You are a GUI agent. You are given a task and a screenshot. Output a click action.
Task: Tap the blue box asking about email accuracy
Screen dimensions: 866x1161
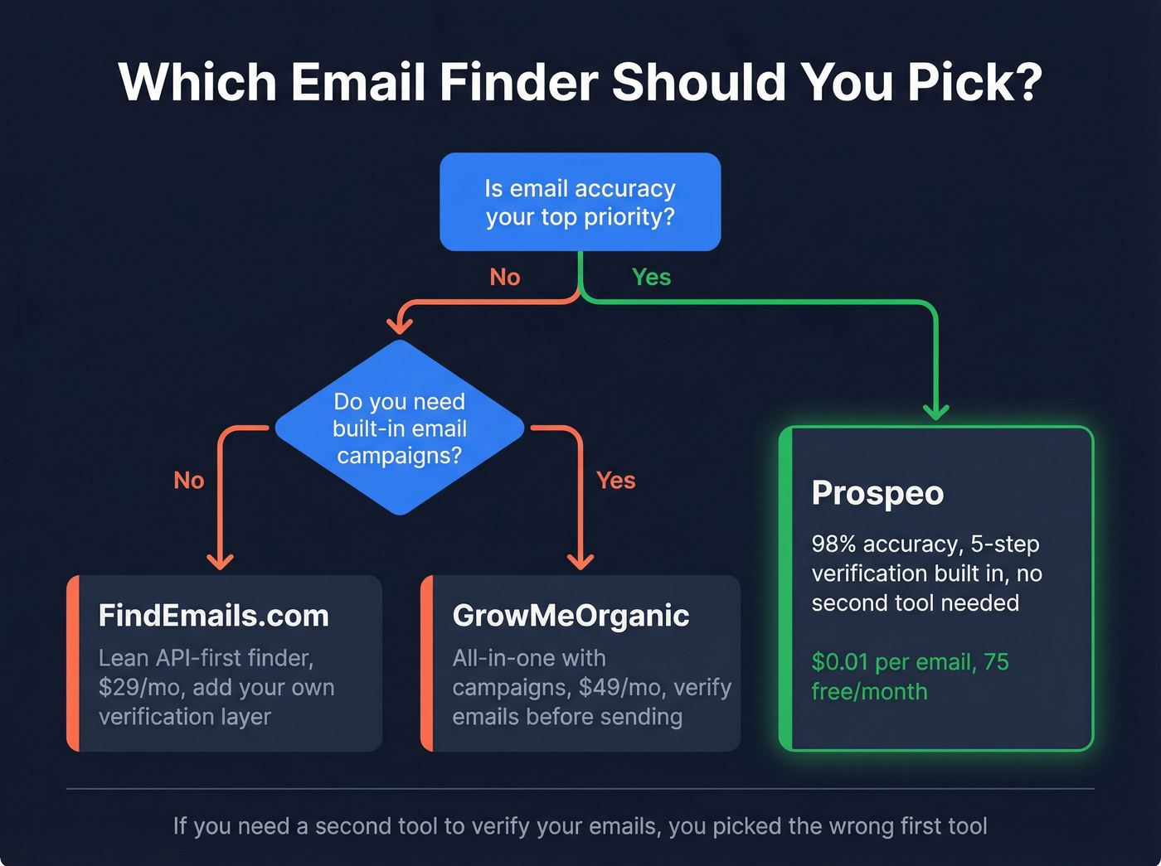pos(580,201)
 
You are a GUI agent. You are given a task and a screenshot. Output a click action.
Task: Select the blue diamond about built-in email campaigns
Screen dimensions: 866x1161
pos(399,428)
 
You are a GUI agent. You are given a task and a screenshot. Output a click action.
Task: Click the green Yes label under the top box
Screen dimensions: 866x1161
pos(651,277)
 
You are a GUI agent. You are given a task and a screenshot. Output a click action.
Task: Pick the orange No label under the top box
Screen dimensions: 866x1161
pos(504,277)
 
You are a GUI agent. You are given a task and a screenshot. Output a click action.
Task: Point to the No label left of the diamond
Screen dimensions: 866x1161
pos(188,480)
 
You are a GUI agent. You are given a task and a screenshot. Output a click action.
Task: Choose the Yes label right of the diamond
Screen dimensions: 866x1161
pos(615,480)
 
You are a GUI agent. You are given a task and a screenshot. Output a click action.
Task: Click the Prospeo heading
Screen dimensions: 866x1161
pos(877,493)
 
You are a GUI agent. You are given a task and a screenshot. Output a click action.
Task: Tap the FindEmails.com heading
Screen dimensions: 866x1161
pos(214,616)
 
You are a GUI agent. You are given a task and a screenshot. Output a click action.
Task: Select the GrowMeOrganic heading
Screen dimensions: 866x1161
pos(571,616)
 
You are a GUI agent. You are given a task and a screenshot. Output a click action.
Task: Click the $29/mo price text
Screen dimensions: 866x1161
pos(138,687)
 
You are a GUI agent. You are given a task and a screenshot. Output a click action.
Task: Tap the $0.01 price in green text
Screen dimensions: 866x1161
pos(839,662)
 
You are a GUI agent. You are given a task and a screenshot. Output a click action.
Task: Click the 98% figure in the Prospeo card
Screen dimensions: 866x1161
pos(833,544)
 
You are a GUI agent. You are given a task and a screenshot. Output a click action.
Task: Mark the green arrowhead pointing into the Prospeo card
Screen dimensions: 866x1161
pos(936,411)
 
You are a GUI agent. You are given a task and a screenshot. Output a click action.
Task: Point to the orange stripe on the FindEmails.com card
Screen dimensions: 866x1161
pos(73,663)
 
